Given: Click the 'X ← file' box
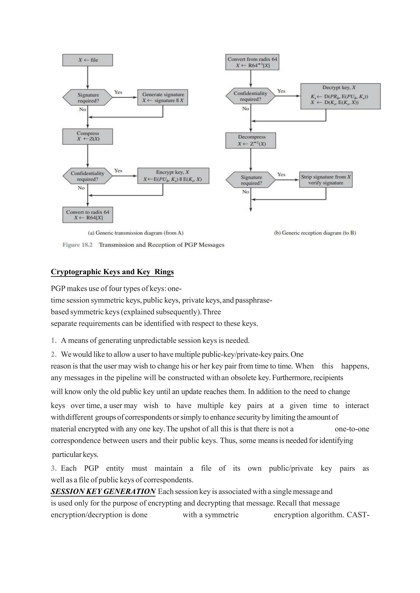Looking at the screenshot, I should (88, 60).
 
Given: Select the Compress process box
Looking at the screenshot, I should (88, 136).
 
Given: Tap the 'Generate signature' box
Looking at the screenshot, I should (163, 97).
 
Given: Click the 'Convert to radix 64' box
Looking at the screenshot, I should (88, 215).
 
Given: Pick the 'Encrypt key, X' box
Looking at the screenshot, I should (173, 176).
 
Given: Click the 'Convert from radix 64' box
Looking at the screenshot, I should (252, 62).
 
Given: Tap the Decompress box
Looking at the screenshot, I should (251, 140).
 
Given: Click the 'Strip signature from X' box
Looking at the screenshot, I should (326, 180).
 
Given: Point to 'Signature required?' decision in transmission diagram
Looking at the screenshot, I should (88, 98).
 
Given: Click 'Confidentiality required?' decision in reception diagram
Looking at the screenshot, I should (250, 96).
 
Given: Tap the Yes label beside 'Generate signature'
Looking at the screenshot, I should (118, 92).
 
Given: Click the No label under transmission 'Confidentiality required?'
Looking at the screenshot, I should (81, 188).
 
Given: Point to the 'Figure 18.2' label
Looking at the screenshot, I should (77, 245).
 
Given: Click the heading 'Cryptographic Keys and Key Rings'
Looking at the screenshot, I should (112, 272).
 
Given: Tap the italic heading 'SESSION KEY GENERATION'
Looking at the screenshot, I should (103, 491).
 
